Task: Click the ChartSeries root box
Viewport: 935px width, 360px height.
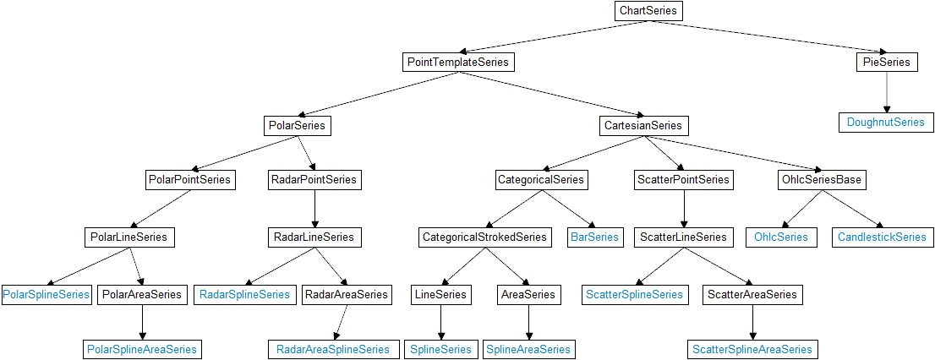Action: tap(648, 11)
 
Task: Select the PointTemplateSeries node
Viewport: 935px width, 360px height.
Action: tap(457, 63)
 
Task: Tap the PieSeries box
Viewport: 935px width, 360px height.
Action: tap(886, 63)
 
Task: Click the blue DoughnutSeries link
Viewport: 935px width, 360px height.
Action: tap(886, 123)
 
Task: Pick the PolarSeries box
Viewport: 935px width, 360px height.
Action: tap(295, 126)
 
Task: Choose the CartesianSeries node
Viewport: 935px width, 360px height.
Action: tap(642, 126)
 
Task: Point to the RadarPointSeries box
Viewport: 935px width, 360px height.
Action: tap(314, 180)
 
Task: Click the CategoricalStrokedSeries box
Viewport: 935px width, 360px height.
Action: tap(485, 237)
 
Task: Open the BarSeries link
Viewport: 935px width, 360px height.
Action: tap(594, 237)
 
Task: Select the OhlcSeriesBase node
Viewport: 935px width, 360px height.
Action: tap(820, 180)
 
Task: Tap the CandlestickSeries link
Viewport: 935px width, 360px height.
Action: tap(882, 237)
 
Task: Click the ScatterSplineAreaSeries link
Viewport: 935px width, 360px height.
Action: tap(752, 349)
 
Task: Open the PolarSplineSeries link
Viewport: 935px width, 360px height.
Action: tap(46, 295)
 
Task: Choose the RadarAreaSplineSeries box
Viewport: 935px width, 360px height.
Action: tap(333, 349)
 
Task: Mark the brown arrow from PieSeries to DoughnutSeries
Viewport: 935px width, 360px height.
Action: tap(886, 92)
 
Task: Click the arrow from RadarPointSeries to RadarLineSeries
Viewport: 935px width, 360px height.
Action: tap(314, 209)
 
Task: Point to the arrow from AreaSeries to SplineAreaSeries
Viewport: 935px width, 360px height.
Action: tap(528, 322)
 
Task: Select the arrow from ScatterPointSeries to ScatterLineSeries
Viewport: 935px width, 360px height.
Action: tap(683, 209)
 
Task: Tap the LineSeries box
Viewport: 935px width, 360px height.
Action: tap(440, 295)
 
